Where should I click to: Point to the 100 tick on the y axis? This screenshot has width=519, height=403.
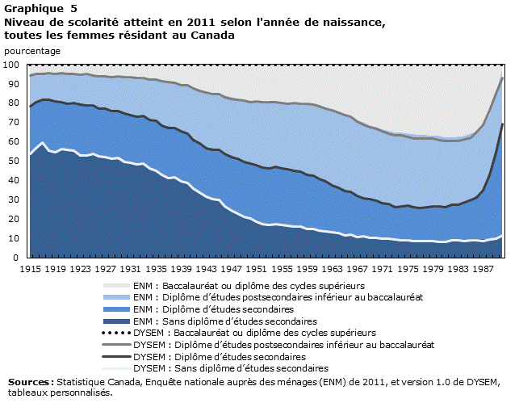pyautogui.click(x=11, y=65)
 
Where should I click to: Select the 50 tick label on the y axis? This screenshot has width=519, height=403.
pyautogui.click(x=14, y=162)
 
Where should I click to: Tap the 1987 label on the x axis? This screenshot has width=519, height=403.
pyautogui.click(x=483, y=267)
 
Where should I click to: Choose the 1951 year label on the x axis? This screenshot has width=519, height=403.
pyautogui.click(x=256, y=267)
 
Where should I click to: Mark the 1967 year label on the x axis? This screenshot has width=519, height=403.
pyautogui.click(x=357, y=267)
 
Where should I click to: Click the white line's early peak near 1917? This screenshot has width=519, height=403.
pyautogui.click(x=42, y=143)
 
